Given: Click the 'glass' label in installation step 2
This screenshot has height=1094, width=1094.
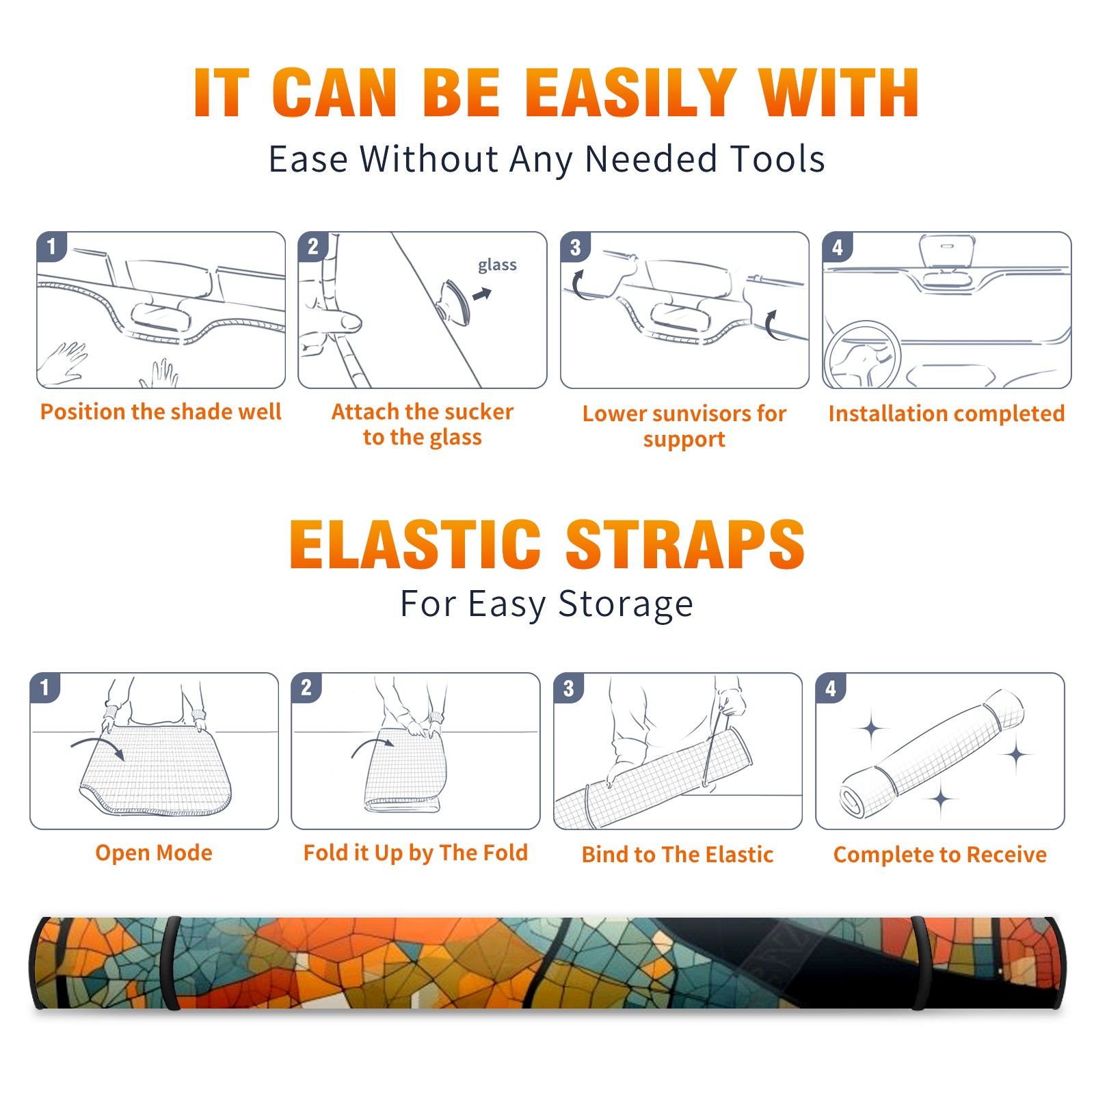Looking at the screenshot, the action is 497,265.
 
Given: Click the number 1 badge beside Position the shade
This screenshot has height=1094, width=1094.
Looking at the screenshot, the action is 51,246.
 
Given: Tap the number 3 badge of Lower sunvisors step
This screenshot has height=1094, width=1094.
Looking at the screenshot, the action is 575,247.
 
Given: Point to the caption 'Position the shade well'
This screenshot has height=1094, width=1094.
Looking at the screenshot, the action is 161,412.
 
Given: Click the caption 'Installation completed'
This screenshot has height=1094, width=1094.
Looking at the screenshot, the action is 946,414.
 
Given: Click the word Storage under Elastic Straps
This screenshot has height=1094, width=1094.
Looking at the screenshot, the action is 626,604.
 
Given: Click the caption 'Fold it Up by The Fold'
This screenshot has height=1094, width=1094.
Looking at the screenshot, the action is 416,853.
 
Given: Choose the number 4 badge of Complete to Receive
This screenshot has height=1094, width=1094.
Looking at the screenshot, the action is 831,688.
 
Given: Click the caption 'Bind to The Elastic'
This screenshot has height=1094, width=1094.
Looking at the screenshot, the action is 678,855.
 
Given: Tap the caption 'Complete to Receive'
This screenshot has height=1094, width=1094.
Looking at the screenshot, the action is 940,855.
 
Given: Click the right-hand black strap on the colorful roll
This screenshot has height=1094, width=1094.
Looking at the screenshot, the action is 920,963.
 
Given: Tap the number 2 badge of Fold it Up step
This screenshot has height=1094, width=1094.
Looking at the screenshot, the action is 306,688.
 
